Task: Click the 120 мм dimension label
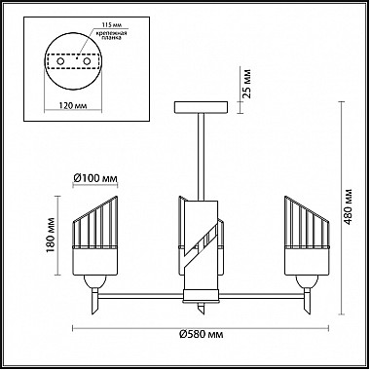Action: [73, 106]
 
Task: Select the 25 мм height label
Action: [246, 84]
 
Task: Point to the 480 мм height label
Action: [348, 206]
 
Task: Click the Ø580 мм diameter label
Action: [202, 334]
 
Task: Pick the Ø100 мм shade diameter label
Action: [94, 178]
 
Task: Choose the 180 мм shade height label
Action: [51, 236]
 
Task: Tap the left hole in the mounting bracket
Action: [60, 61]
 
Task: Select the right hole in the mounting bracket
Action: [87, 61]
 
